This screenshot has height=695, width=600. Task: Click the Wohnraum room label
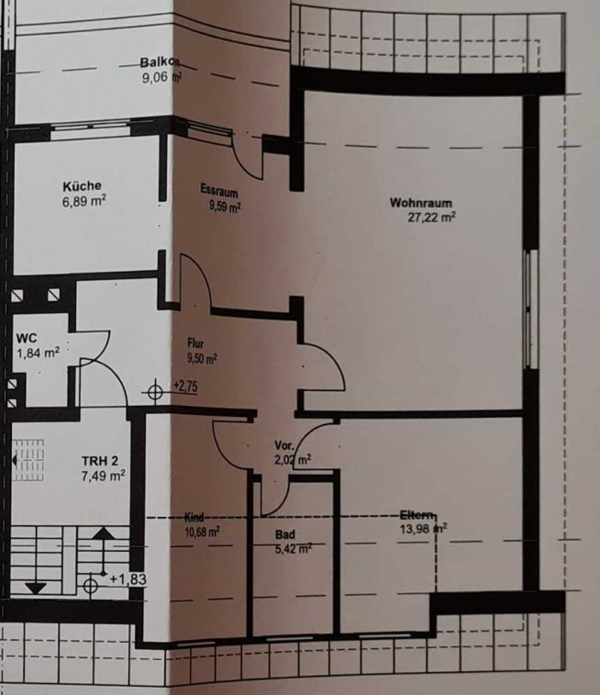point(421,203)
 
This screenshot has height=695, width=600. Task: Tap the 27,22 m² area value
point(432,218)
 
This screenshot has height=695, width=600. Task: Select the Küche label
point(82,186)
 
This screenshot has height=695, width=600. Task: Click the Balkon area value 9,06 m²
point(161,77)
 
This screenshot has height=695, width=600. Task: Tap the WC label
point(27,338)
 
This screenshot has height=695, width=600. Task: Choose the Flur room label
point(195,343)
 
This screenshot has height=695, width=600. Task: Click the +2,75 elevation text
point(185,387)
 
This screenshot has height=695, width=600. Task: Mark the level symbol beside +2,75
point(154,393)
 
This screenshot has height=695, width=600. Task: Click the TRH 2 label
point(100,461)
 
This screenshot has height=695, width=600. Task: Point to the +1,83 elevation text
point(128,579)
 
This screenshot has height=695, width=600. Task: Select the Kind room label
point(194,517)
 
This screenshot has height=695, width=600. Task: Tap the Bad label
point(285,534)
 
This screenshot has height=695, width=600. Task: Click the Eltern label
point(417,515)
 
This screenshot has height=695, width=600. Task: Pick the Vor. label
point(283,445)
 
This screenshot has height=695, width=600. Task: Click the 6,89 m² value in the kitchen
point(84,201)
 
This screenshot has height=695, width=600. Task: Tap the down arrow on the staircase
point(36,589)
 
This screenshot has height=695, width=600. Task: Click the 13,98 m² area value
point(423,529)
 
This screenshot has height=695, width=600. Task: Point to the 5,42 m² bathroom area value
point(294,549)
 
